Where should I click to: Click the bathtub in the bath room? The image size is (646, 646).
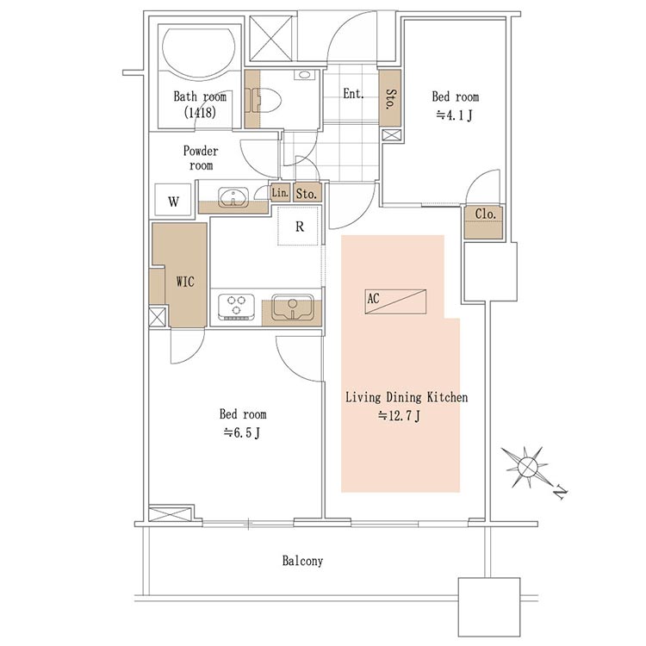click(199, 52)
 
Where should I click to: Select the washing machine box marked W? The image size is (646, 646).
click(173, 200)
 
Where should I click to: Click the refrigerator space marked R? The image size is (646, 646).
click(299, 227)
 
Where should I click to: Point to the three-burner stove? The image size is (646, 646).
click(236, 306)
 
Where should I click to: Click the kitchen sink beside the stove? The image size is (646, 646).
click(293, 307)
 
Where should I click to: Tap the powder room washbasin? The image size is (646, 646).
click(233, 196)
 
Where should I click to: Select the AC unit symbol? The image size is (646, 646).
click(395, 301)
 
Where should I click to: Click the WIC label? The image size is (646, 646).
click(185, 282)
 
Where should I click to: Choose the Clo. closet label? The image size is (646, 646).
click(485, 214)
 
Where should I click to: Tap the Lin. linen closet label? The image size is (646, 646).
click(280, 192)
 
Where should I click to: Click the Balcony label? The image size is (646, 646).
click(302, 561)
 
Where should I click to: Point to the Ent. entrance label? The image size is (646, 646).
click(353, 94)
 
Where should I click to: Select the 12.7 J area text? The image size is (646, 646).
click(399, 416)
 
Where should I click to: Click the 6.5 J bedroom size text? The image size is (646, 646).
click(242, 433)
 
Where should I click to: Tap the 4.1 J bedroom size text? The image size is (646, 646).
click(454, 115)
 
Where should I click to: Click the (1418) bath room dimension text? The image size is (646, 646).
click(200, 113)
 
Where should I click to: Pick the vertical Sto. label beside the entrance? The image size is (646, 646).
click(390, 98)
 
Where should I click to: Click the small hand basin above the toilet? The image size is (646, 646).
click(304, 75)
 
